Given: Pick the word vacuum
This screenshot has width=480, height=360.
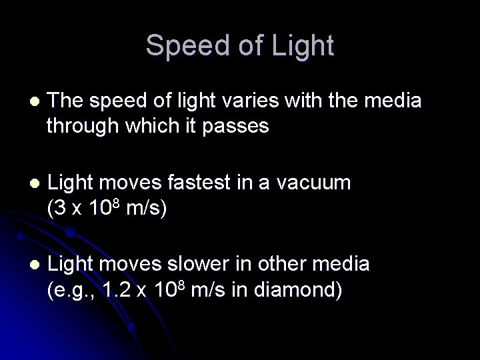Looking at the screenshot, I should point(315,182).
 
